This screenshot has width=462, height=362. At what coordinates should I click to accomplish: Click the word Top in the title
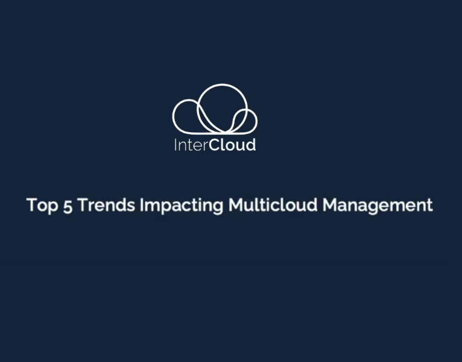[39, 205]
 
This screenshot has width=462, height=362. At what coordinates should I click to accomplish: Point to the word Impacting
[182, 206]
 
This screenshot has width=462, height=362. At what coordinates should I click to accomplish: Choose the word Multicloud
[273, 205]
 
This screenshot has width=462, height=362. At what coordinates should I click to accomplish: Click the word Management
[378, 206]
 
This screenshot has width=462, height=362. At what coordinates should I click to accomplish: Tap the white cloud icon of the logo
[215, 110]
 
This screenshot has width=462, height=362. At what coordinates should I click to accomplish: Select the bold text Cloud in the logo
[232, 145]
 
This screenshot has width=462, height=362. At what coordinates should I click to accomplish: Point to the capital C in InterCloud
[215, 145]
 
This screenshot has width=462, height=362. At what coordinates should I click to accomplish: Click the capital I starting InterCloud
[176, 145]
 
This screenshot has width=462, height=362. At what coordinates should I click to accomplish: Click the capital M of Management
[331, 205]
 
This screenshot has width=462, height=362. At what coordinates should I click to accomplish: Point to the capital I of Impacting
[142, 205]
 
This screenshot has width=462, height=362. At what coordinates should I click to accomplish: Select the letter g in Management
[374, 207]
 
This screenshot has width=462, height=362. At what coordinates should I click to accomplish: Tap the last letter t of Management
[429, 205]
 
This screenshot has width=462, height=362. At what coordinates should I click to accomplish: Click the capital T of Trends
[84, 205]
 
